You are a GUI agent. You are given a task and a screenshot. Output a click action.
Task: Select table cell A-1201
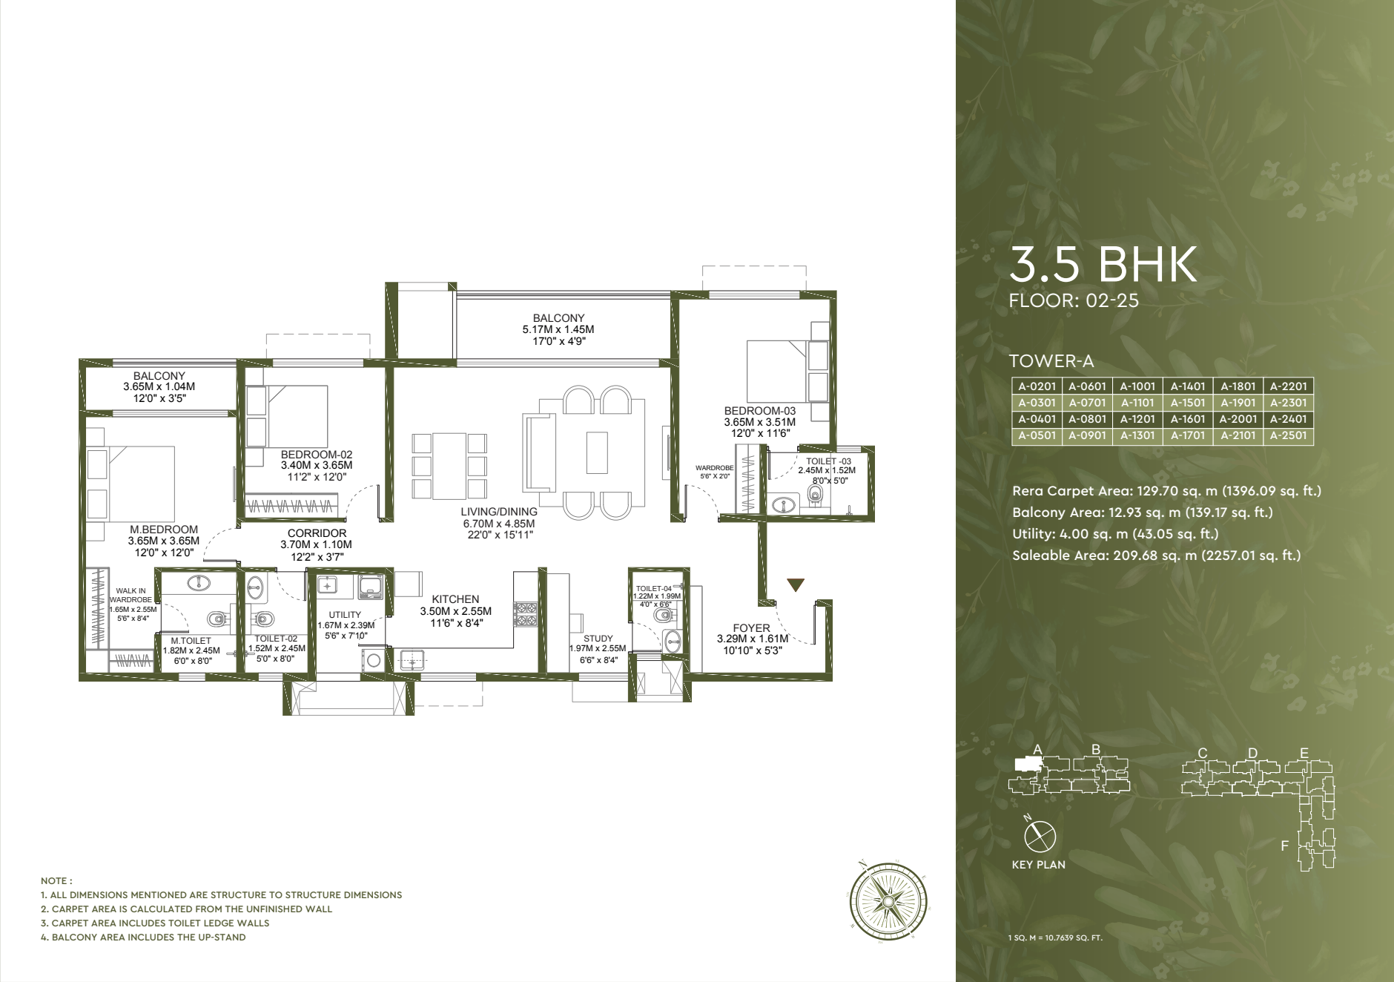click(x=1137, y=419)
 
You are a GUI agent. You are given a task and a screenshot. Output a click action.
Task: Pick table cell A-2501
click(x=1288, y=435)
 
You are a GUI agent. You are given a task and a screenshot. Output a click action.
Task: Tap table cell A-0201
click(x=1037, y=386)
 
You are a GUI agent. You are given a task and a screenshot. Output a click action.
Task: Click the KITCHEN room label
click(x=455, y=599)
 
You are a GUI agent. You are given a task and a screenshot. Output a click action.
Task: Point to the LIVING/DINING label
click(x=498, y=512)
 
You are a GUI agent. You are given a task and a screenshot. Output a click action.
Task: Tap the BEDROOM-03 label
click(x=759, y=411)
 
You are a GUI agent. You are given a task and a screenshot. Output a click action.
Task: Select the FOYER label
click(x=751, y=628)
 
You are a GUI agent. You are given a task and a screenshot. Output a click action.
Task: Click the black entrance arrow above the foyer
click(x=796, y=585)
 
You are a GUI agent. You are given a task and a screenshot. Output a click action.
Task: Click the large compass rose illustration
click(x=888, y=902)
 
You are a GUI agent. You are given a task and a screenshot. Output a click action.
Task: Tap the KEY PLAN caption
click(x=1038, y=865)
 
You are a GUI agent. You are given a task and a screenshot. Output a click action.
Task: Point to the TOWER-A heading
click(x=1051, y=361)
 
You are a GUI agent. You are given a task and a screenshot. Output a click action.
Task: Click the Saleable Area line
click(x=1156, y=556)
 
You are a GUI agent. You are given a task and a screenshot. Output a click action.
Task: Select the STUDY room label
click(x=598, y=639)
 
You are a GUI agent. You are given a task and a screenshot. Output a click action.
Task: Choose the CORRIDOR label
click(x=317, y=533)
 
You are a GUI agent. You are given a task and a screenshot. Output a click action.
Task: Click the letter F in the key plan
click(x=1284, y=846)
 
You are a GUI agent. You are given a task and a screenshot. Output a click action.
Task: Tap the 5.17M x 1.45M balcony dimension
click(x=558, y=329)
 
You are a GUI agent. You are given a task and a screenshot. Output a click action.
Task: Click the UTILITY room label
click(x=345, y=615)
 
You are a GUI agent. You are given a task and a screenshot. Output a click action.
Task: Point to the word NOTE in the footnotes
click(x=56, y=881)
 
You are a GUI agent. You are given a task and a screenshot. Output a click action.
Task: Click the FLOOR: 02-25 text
click(x=1073, y=300)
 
